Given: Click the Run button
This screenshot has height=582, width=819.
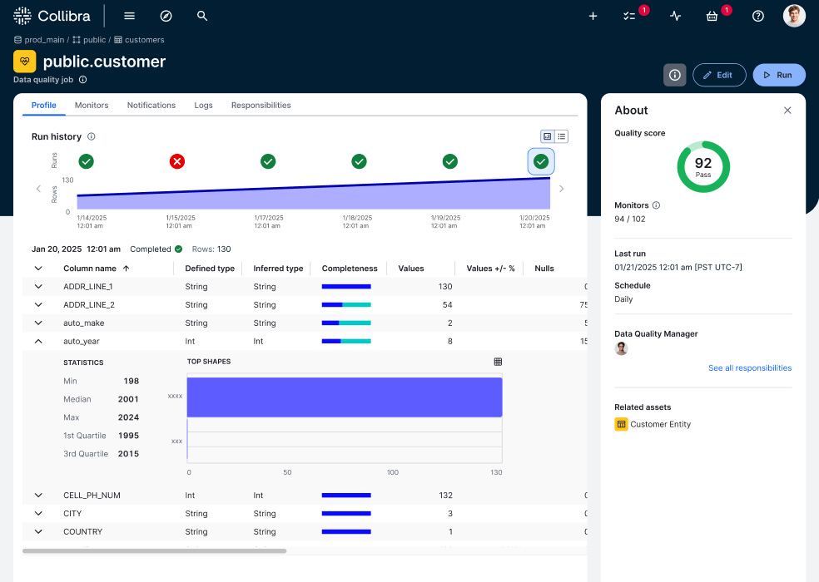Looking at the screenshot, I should [x=779, y=75].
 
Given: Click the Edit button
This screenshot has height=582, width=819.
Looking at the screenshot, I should [x=718, y=75].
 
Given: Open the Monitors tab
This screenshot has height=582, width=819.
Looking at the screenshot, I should [x=92, y=106].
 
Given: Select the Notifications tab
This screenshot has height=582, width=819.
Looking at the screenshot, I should [x=151, y=106].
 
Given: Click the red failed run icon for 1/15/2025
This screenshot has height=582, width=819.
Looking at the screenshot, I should [x=177, y=161].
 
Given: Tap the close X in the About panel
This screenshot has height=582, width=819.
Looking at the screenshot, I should [x=787, y=111].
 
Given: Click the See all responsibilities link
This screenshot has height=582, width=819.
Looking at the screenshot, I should [x=749, y=368].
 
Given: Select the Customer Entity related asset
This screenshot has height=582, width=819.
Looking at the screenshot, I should [x=660, y=424].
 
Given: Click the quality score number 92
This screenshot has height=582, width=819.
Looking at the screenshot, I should [x=703, y=163].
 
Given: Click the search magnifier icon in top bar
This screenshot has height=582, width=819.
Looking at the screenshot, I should [x=202, y=16].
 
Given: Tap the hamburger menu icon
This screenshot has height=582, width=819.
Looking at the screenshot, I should [x=129, y=16].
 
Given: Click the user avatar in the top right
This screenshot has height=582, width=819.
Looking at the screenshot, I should [x=794, y=16].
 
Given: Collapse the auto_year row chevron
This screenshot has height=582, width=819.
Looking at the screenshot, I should [x=38, y=341].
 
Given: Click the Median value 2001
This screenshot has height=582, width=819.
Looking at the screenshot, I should [x=128, y=399].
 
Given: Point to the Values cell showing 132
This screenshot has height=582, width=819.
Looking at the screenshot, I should [x=444, y=496].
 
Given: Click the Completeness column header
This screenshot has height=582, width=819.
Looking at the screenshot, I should [x=350, y=269].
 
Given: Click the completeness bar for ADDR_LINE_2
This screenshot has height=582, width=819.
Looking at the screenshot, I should [x=346, y=305].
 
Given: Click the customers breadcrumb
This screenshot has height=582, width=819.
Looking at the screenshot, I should [x=144, y=40].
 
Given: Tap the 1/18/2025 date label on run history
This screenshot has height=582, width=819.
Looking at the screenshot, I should [x=357, y=221].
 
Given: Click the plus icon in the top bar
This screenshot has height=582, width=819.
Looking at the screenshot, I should [x=593, y=16].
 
